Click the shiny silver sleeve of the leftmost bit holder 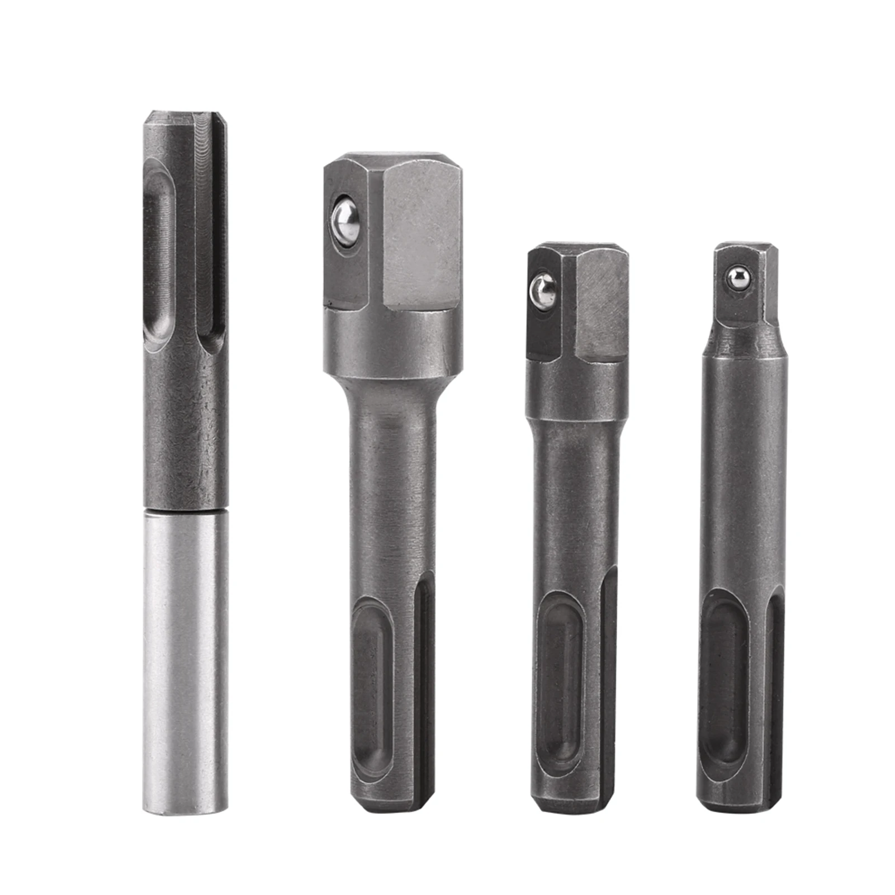[185, 660]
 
